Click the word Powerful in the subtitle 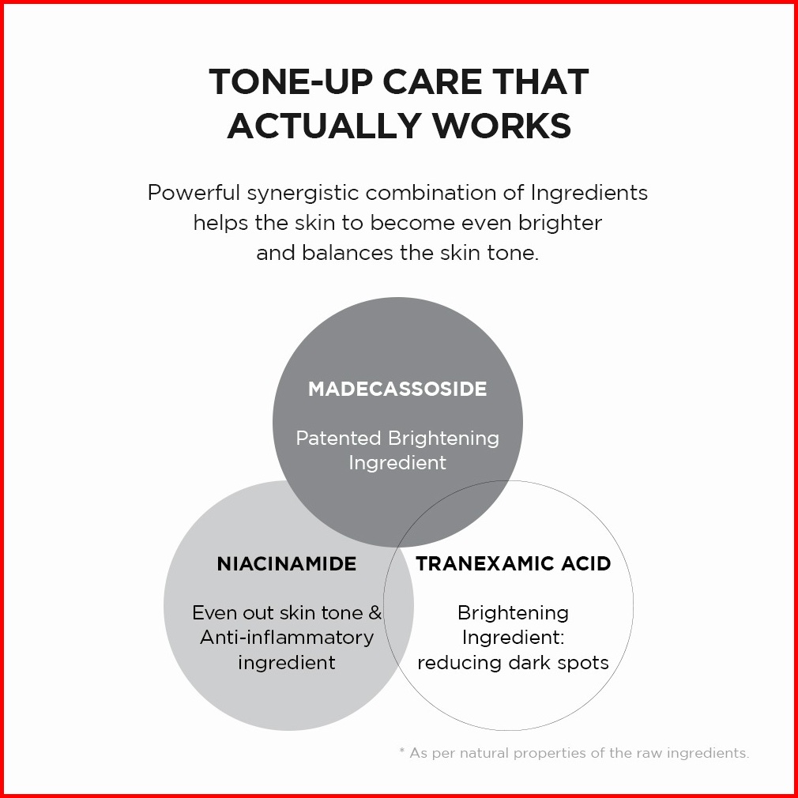pyautogui.click(x=194, y=193)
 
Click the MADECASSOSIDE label pyautogui.click(x=397, y=389)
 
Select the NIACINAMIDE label pyautogui.click(x=287, y=564)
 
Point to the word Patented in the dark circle pyautogui.click(x=338, y=439)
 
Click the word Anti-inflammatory pyautogui.click(x=287, y=638)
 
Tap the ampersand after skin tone pyautogui.click(x=375, y=613)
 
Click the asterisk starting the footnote pyautogui.click(x=402, y=750)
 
